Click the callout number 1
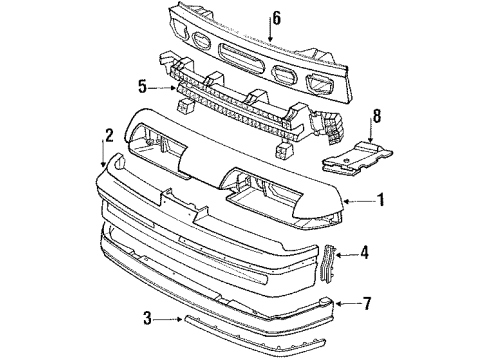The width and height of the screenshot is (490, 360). click(x=380, y=199)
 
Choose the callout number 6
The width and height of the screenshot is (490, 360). click(x=277, y=17)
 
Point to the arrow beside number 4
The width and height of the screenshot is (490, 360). click(x=349, y=253)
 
